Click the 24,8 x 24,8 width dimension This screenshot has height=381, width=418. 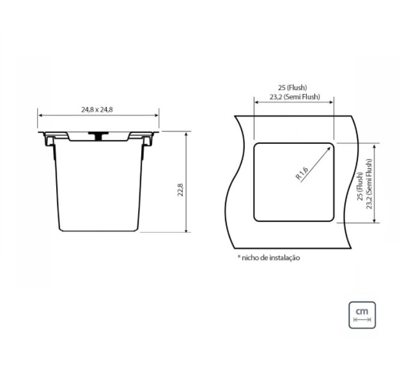pyautogui.click(x=97, y=109)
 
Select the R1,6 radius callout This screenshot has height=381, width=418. pyautogui.click(x=303, y=173)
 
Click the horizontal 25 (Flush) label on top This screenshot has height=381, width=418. pyautogui.click(x=293, y=87)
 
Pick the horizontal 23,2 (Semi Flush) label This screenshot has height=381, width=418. pyautogui.click(x=293, y=98)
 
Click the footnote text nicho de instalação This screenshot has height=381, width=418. pyautogui.click(x=270, y=258)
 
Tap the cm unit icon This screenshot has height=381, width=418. pyautogui.click(x=362, y=314)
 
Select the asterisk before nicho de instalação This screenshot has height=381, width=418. pyautogui.click(x=238, y=258)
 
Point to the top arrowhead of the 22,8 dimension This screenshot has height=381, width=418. pyautogui.click(x=186, y=134)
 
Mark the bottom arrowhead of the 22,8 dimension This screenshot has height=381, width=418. pyautogui.click(x=186, y=232)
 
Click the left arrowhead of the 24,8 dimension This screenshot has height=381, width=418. pyautogui.click(x=40, y=116)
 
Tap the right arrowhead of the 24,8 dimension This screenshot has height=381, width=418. pyautogui.click(x=157, y=116)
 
